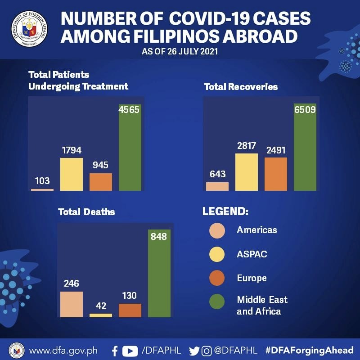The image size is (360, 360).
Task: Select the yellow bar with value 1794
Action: click(72, 174)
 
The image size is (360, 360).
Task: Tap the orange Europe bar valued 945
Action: click(101, 182)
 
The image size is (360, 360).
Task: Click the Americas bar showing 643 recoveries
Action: click(217, 186)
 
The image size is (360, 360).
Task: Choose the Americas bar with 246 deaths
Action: click(72, 304)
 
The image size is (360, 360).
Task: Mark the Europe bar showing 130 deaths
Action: click(130, 310)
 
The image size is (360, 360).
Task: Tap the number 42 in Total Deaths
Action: click(101, 306)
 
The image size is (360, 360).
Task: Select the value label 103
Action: click(42, 181)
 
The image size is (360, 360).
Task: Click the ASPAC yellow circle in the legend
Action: click(217, 254)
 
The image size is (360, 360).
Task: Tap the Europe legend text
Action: click(252, 278)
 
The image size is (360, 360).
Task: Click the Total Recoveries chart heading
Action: click(241, 86)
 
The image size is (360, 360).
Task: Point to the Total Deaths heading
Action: click(86, 211)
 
